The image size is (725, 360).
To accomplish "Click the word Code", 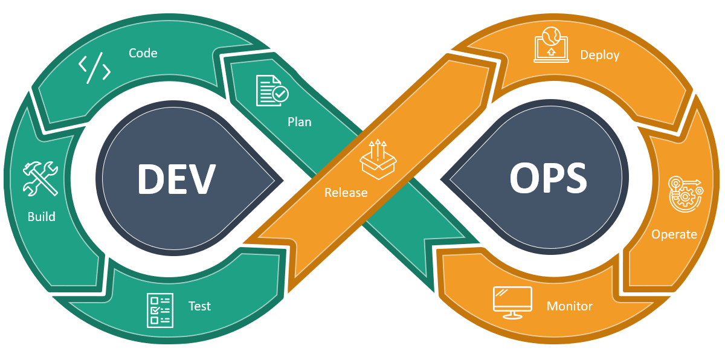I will (x=143, y=53).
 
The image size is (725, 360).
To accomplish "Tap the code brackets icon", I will (x=95, y=69).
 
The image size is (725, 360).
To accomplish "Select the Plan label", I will (x=299, y=122).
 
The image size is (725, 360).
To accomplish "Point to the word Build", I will (x=42, y=216).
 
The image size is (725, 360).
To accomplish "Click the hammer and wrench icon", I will (x=40, y=179).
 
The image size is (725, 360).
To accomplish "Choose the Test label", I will (x=199, y=306).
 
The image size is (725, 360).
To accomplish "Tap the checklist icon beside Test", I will (x=160, y=310).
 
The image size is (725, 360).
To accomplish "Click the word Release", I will (x=346, y=193).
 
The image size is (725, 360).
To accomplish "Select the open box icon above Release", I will (x=378, y=159).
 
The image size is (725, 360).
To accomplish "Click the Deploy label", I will (x=600, y=55).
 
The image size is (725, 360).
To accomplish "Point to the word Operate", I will (x=674, y=234).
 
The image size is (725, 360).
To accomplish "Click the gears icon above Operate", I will (x=685, y=194).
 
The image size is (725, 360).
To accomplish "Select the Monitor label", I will (x=569, y=306).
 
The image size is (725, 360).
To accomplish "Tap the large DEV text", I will (x=176, y=179).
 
